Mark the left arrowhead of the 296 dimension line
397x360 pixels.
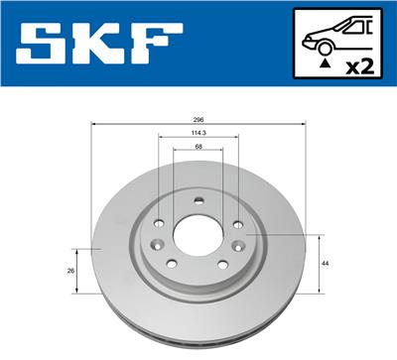[x=94, y=129]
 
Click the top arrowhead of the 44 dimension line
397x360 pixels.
[x=318, y=237]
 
